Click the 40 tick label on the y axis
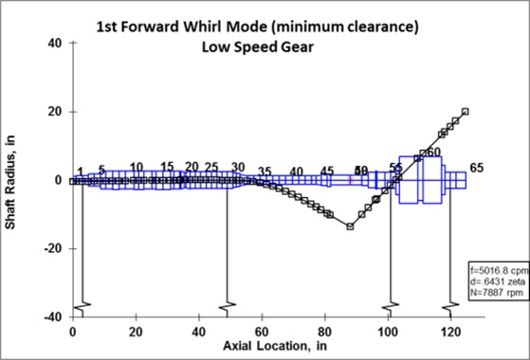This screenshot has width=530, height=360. (54, 44)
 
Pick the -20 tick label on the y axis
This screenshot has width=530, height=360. (51, 248)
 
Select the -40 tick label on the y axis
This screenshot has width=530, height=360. (51, 316)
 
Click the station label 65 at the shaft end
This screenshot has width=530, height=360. (477, 168)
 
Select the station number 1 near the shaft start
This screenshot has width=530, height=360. (81, 171)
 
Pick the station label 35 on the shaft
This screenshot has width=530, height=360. (265, 172)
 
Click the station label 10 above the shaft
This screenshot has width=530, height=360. (137, 167)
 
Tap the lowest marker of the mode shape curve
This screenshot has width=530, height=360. (350, 226)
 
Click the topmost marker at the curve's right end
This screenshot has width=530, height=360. (465, 111)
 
